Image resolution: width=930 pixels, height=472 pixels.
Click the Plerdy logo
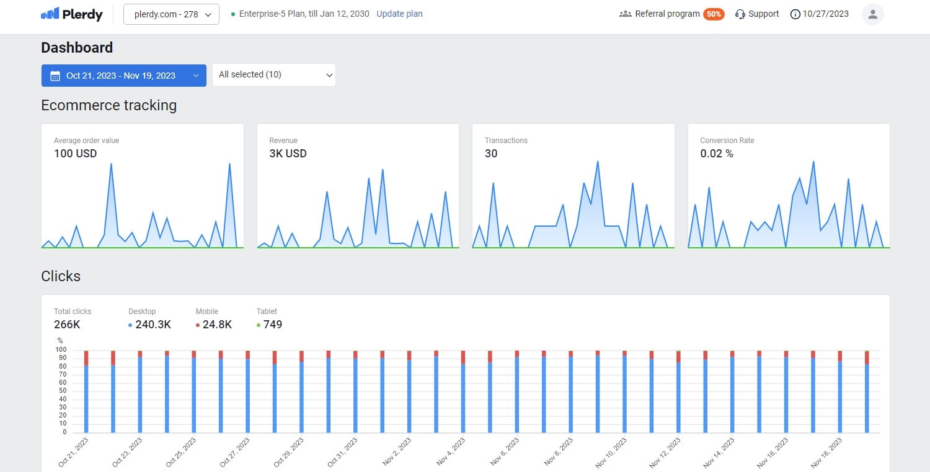tap(72, 14)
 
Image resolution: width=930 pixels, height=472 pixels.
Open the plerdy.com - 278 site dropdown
tap(171, 14)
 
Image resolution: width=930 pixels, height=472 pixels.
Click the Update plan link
tap(399, 14)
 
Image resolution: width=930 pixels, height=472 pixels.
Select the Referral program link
tap(666, 14)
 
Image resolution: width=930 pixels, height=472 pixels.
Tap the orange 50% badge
tap(714, 14)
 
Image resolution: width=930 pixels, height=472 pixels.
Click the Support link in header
tap(757, 14)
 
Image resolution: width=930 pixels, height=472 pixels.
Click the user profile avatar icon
tap(872, 14)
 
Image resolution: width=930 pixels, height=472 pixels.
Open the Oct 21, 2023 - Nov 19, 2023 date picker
tap(123, 76)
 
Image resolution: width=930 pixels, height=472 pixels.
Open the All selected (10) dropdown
tap(273, 75)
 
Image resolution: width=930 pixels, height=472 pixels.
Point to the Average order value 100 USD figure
tap(75, 154)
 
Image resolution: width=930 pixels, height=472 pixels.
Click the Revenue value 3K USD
tap(288, 154)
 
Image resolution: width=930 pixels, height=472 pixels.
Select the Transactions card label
tap(506, 141)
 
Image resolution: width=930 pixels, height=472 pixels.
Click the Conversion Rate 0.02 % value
tap(717, 154)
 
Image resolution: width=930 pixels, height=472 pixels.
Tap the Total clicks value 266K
tap(68, 325)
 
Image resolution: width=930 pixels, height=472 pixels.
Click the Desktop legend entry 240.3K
tap(153, 325)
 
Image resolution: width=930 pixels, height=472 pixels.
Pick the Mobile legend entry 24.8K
tap(216, 325)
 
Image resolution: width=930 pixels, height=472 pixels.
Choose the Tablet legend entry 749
tap(272, 325)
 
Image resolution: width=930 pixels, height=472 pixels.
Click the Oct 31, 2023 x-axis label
tap(343, 452)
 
